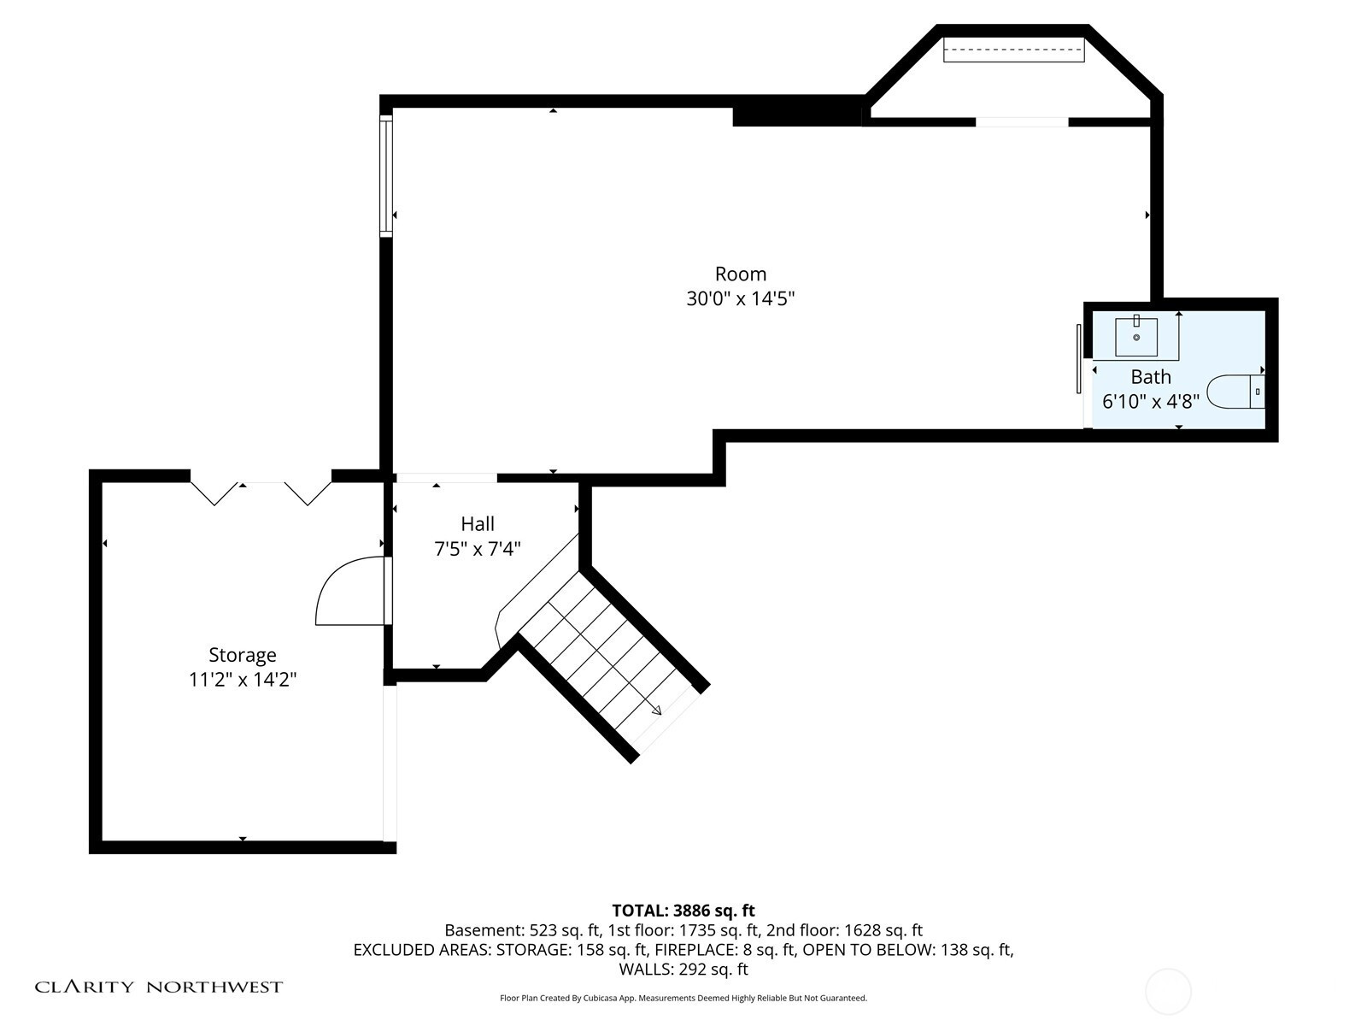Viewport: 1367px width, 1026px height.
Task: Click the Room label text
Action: [x=740, y=274]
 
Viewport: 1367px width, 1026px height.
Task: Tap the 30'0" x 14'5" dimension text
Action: [x=741, y=298]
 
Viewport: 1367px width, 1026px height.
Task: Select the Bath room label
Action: [x=1150, y=377]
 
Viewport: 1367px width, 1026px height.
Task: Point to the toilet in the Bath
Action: [x=1235, y=392]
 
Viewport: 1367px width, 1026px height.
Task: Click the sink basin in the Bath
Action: [x=1136, y=337]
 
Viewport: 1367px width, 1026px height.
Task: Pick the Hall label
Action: [x=478, y=524]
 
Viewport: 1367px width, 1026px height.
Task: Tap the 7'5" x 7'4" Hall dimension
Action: [x=477, y=549]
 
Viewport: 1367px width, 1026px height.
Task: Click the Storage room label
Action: [x=243, y=655]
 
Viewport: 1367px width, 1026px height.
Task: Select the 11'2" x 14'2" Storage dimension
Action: [x=243, y=679]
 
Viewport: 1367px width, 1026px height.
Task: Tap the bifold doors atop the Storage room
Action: [x=261, y=492]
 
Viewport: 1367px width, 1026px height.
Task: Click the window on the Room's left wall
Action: [x=386, y=175]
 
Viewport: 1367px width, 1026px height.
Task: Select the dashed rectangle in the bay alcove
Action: [x=1014, y=50]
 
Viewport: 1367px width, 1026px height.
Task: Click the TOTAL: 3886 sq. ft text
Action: [x=683, y=911]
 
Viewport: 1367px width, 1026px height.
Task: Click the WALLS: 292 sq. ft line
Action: [x=683, y=969]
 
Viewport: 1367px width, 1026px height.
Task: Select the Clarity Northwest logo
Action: [x=158, y=987]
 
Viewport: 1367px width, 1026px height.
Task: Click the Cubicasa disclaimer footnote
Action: [x=683, y=998]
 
